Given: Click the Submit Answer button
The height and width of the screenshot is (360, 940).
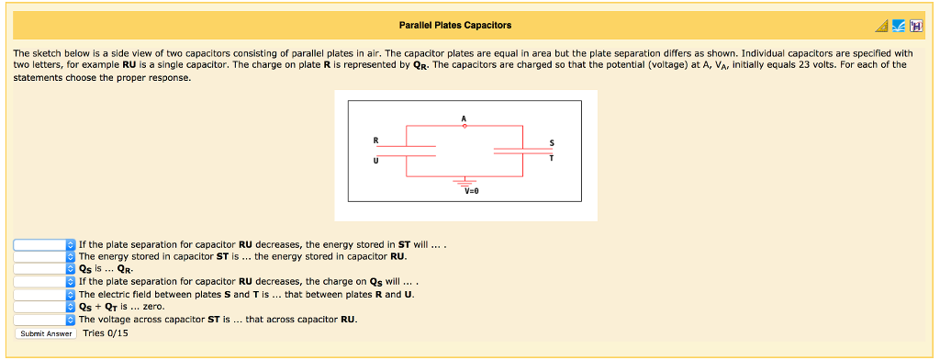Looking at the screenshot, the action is pyautogui.click(x=47, y=333).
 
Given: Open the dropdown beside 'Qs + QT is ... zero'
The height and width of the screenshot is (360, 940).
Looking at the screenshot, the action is pyautogui.click(x=44, y=307).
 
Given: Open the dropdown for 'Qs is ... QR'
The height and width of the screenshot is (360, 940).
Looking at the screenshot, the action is pyautogui.click(x=44, y=269).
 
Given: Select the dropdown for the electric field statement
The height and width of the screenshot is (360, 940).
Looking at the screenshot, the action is pyautogui.click(x=44, y=294).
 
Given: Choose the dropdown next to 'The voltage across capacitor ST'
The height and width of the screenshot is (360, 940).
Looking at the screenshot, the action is pyautogui.click(x=44, y=320).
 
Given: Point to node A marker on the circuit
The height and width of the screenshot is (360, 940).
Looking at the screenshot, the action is pyautogui.click(x=464, y=127).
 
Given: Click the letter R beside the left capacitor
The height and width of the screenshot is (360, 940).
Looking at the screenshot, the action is pyautogui.click(x=375, y=140).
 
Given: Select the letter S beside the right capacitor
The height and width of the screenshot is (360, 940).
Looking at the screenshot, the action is pyautogui.click(x=551, y=141).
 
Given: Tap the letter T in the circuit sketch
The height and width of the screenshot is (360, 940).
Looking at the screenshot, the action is pyautogui.click(x=551, y=157).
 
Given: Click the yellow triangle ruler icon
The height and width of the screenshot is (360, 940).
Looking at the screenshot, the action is pyautogui.click(x=881, y=26).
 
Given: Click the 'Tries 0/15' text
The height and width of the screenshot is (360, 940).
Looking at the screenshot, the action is pyautogui.click(x=106, y=332).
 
